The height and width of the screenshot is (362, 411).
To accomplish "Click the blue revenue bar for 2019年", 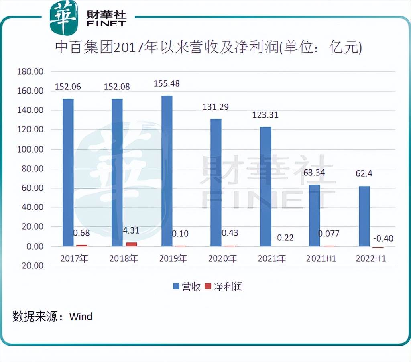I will pyautogui.click(x=167, y=171).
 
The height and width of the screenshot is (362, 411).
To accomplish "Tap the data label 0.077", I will pyautogui.click(x=328, y=234).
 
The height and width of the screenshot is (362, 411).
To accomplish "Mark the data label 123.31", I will pyautogui.click(x=265, y=115).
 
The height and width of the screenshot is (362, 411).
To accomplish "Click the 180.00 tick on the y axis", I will pyautogui.click(x=30, y=72).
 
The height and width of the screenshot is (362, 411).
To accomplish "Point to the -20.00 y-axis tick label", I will pyautogui.click(x=30, y=266).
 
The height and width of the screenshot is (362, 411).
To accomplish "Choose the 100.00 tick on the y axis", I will pyautogui.click(x=30, y=149).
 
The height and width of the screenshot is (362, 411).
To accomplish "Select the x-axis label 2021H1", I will pyautogui.click(x=321, y=259).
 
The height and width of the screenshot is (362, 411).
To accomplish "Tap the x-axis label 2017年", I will pyautogui.click(x=74, y=259).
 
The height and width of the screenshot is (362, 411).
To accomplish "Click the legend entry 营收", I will pyautogui.click(x=187, y=287).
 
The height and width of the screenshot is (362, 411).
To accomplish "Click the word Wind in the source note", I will pyautogui.click(x=81, y=316).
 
